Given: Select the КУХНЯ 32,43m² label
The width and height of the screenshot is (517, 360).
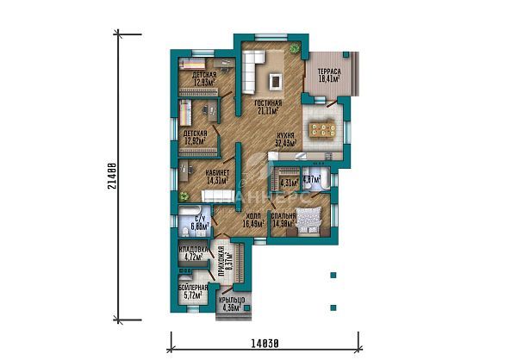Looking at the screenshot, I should pos(286,139).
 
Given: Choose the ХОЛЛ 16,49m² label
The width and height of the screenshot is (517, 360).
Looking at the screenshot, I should pos(254,220).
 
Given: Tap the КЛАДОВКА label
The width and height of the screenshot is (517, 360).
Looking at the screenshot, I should pos(190,252).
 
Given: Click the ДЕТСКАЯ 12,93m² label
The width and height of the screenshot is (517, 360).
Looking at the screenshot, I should pos(203,78).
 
